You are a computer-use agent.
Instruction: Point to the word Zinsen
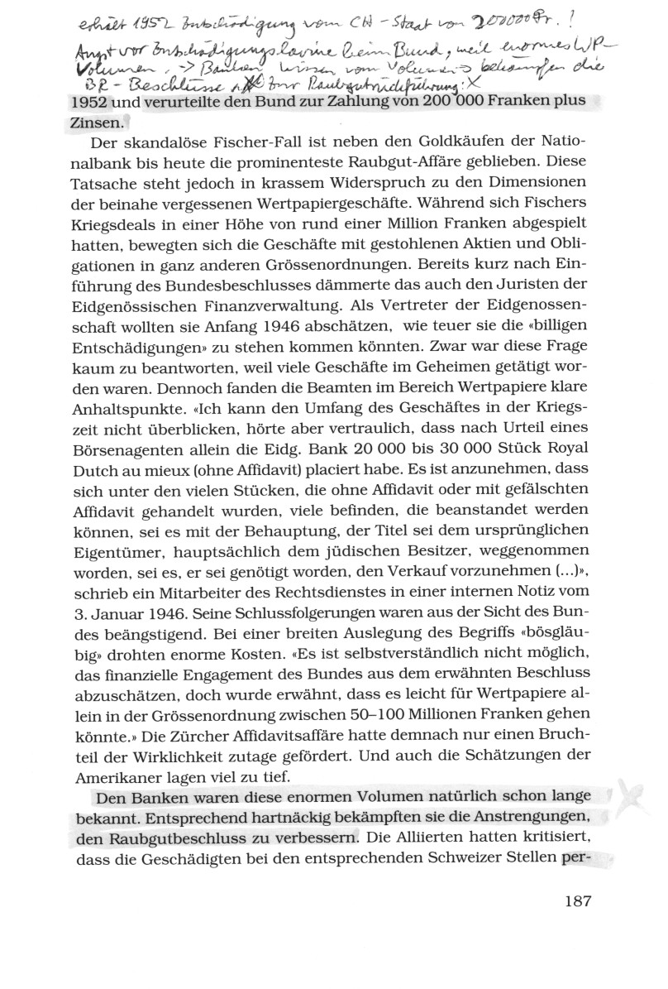[95, 122]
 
